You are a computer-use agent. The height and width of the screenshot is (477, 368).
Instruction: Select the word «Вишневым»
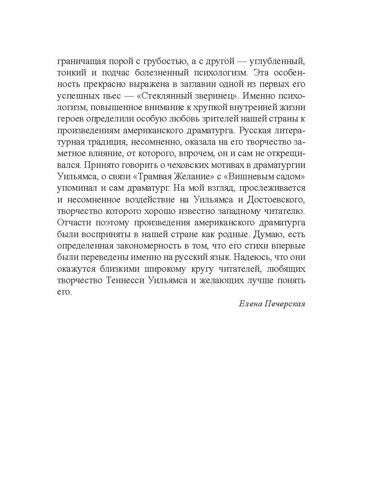pyautogui.click(x=254, y=177)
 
